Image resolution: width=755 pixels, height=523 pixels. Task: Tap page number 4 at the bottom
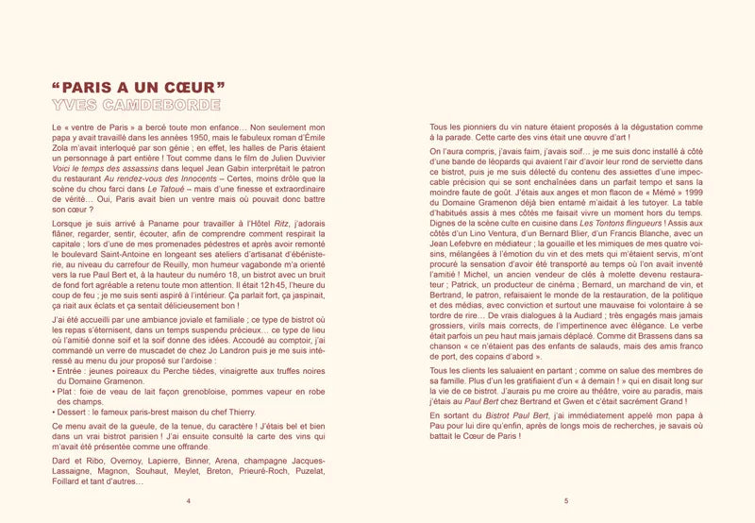point(189,501)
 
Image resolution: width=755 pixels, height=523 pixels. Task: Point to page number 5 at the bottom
point(565,501)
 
